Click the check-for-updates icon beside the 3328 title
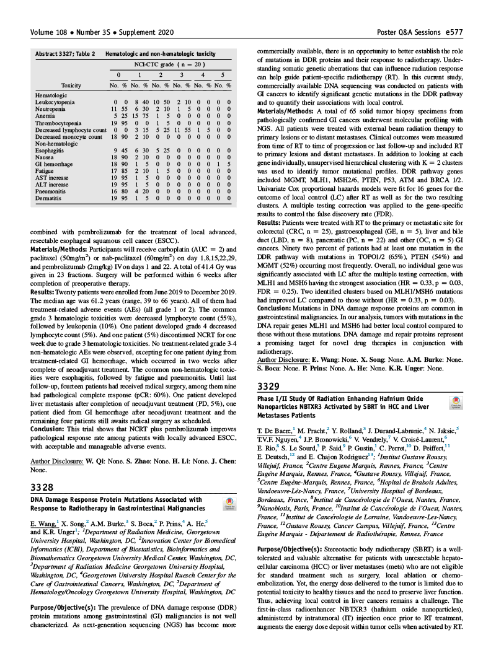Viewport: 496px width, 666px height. (x=230, y=504)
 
